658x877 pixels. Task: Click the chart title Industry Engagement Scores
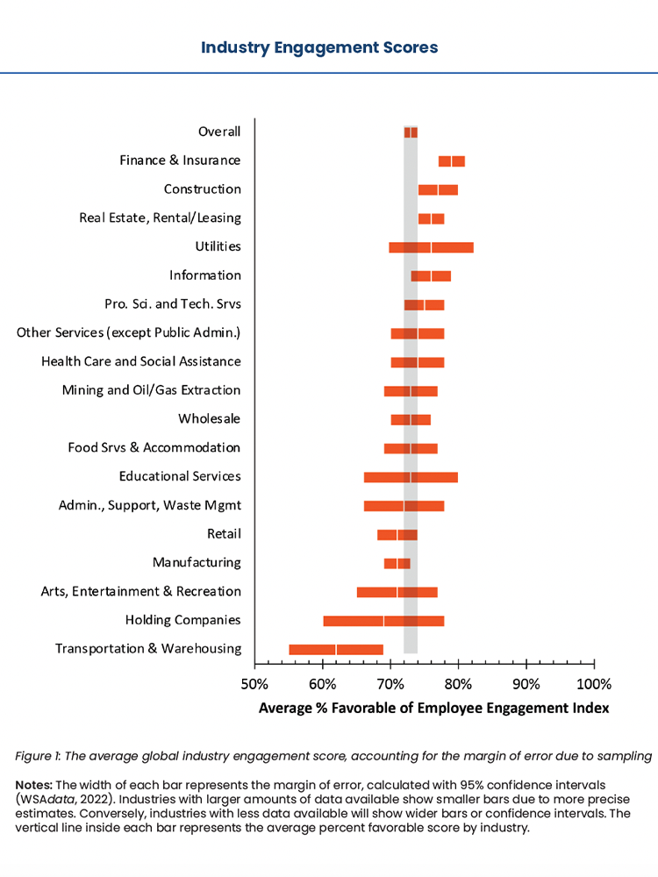click(319, 47)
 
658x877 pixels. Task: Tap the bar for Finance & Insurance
click(452, 160)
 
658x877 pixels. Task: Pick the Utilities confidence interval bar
click(431, 246)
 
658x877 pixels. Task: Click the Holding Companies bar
click(383, 620)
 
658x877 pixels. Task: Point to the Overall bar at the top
click(411, 132)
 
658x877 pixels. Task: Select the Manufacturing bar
click(397, 563)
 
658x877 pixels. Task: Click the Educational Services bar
click(411, 476)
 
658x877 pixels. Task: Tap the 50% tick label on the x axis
click(254, 683)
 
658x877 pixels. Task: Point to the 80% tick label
click(458, 683)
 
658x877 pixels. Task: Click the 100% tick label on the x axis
click(593, 683)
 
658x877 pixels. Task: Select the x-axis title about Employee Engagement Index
click(433, 708)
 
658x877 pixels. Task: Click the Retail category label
click(224, 533)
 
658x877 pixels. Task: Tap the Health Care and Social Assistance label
click(140, 361)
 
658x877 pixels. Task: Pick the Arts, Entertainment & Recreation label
click(140, 591)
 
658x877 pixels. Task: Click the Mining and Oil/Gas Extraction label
click(151, 390)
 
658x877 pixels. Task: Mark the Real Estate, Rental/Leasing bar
click(431, 218)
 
